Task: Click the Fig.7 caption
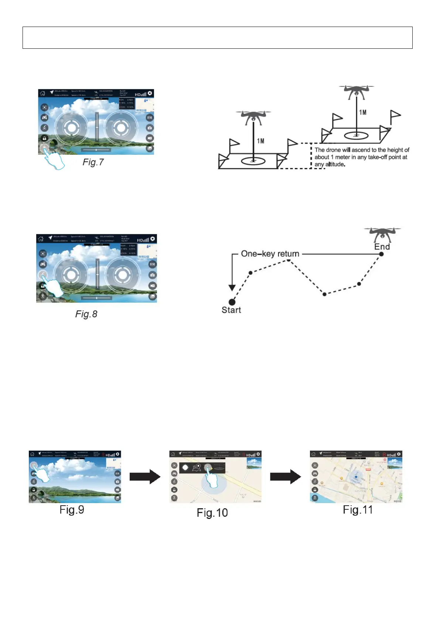[x=93, y=162]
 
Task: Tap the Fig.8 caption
[x=86, y=314]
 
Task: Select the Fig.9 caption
[x=72, y=510]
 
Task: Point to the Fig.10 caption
[x=212, y=513]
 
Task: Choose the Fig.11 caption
[x=358, y=510]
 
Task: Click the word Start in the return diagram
[x=231, y=310]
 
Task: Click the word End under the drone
[x=382, y=247]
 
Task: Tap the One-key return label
[x=270, y=254]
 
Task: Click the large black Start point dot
[x=232, y=302]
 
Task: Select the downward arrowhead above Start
[x=232, y=288]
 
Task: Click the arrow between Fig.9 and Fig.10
[x=145, y=476]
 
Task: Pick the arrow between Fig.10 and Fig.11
[x=285, y=476]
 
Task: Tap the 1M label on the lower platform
[x=260, y=141]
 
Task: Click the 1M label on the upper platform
[x=363, y=112]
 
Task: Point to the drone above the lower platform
[x=253, y=116]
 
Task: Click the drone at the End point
[x=382, y=233]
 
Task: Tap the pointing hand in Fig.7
[x=54, y=160]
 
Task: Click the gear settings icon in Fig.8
[x=153, y=239]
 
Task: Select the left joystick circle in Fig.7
[x=72, y=128]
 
